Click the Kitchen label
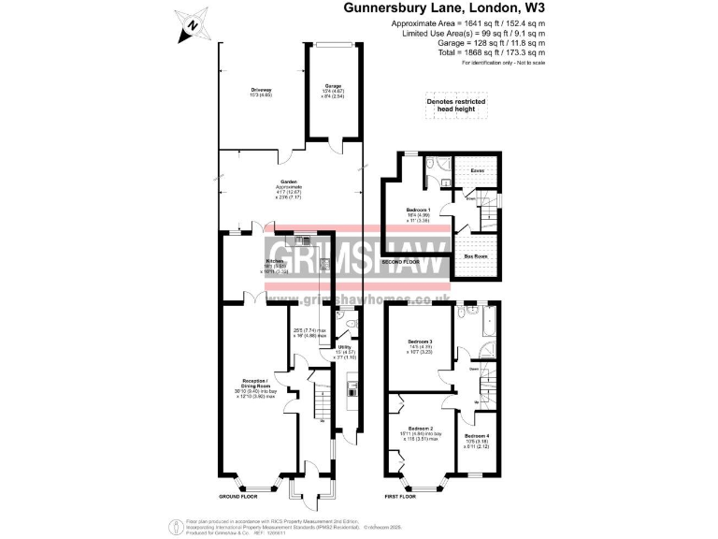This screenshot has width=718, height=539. pos(276,261)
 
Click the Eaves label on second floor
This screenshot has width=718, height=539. pos(477,170)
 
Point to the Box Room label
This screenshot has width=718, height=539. pos(477,255)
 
